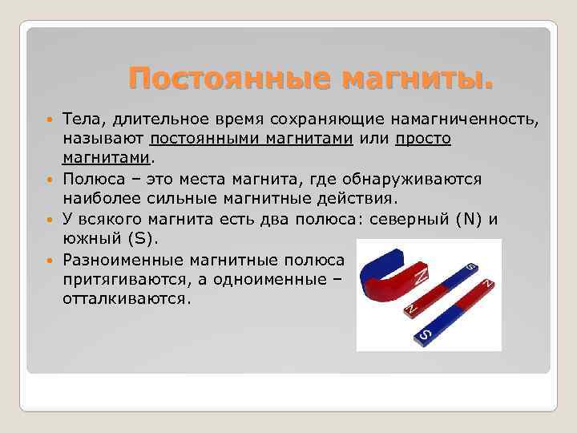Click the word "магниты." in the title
(418, 79)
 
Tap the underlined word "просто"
(423, 139)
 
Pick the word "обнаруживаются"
(438, 178)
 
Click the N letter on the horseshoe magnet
(420, 278)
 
